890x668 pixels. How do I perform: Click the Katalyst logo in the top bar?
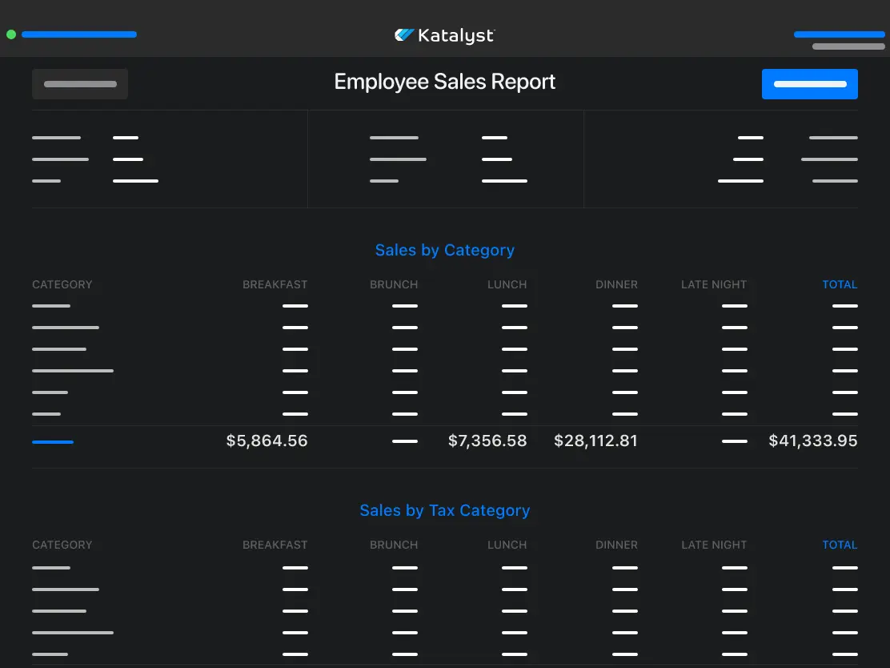click(445, 35)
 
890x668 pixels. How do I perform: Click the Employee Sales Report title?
click(445, 82)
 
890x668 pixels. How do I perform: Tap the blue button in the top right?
click(809, 84)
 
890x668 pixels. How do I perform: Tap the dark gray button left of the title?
click(80, 84)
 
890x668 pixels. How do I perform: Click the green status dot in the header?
click(11, 34)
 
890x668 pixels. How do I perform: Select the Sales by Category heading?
click(445, 250)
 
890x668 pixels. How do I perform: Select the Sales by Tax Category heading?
click(445, 510)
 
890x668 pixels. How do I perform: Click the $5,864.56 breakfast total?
click(267, 441)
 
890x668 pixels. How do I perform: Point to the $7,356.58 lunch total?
click(487, 441)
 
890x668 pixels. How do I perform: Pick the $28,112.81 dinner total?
click(595, 441)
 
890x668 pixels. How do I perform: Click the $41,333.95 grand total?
click(812, 441)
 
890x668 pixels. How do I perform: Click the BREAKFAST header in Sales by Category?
click(275, 284)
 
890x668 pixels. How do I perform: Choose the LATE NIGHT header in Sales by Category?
click(713, 284)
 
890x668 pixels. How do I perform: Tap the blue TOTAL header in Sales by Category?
click(840, 284)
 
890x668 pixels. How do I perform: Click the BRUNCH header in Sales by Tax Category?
click(394, 545)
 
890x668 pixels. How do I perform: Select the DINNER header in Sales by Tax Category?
click(616, 545)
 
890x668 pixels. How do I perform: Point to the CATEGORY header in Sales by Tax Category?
click(62, 545)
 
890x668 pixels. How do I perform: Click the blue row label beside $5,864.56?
click(53, 441)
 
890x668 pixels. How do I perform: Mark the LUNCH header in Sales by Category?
click(507, 284)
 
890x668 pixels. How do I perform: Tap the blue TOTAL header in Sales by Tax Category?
click(840, 545)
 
